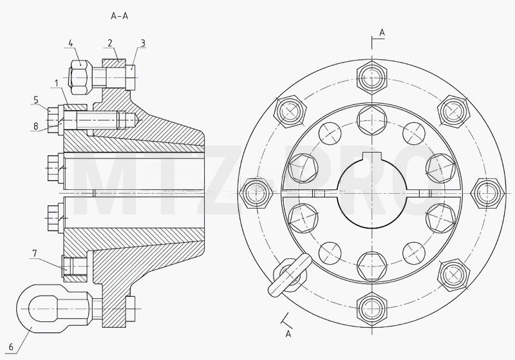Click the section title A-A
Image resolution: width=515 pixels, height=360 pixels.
pos(120,15)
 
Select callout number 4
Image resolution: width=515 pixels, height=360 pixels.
pos(71,43)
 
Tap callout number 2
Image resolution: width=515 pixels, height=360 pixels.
pos(109,43)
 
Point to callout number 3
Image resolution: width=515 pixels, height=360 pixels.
pos(143,43)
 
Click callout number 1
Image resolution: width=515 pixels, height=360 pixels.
pos(57,83)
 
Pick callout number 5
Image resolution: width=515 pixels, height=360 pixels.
pos(36,100)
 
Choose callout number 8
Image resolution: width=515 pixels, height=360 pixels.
pos(36,126)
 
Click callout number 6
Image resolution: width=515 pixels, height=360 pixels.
pos(11,347)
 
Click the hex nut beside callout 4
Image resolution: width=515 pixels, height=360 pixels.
pos(79,77)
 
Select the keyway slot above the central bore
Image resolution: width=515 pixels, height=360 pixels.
pos(371,157)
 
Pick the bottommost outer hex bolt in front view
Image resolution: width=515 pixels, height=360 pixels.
pos(371,308)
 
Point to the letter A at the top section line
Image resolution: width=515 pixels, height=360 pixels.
pos(382,32)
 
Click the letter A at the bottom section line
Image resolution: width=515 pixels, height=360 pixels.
pos(288,334)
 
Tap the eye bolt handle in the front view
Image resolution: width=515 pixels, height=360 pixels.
pos(290,274)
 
